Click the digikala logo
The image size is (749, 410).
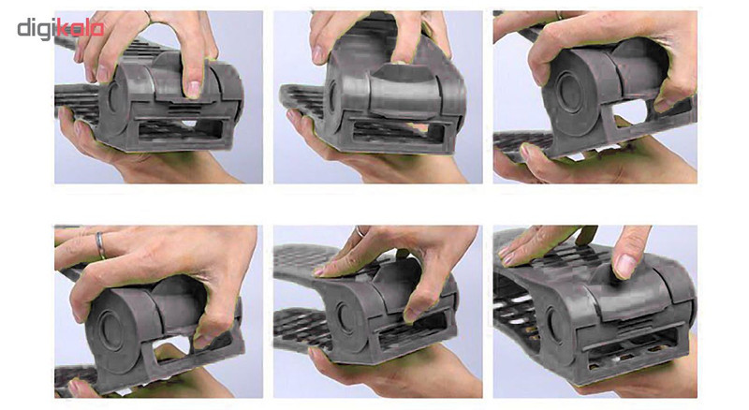point(61,28)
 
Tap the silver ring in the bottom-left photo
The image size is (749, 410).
point(100,245)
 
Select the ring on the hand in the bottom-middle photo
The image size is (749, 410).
point(360,231)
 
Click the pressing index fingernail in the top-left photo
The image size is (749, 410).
point(194,89)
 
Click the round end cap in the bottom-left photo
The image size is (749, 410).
point(110,329)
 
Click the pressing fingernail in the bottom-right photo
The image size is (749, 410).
point(624,266)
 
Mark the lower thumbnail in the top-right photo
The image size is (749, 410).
point(526,152)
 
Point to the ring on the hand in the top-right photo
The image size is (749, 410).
point(559,15)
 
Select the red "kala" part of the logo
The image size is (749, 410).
point(81,28)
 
